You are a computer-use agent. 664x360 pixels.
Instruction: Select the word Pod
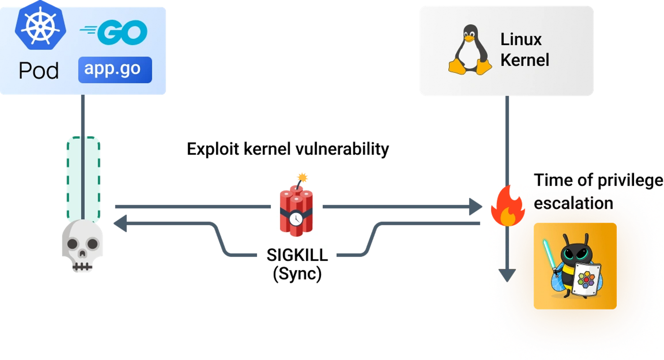(x=39, y=71)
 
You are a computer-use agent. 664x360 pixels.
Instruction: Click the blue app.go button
(x=115, y=70)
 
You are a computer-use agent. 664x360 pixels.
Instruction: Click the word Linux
(x=521, y=40)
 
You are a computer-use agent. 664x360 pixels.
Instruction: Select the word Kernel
(x=524, y=60)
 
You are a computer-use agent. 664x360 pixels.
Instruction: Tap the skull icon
(x=82, y=245)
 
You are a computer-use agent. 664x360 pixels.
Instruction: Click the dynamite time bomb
(x=296, y=210)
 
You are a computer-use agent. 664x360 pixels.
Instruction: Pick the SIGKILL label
(x=297, y=255)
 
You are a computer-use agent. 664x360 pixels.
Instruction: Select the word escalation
(x=573, y=203)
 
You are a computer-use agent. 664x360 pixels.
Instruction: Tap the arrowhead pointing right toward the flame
(x=475, y=207)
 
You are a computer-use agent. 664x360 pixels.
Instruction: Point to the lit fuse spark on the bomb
(x=302, y=178)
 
